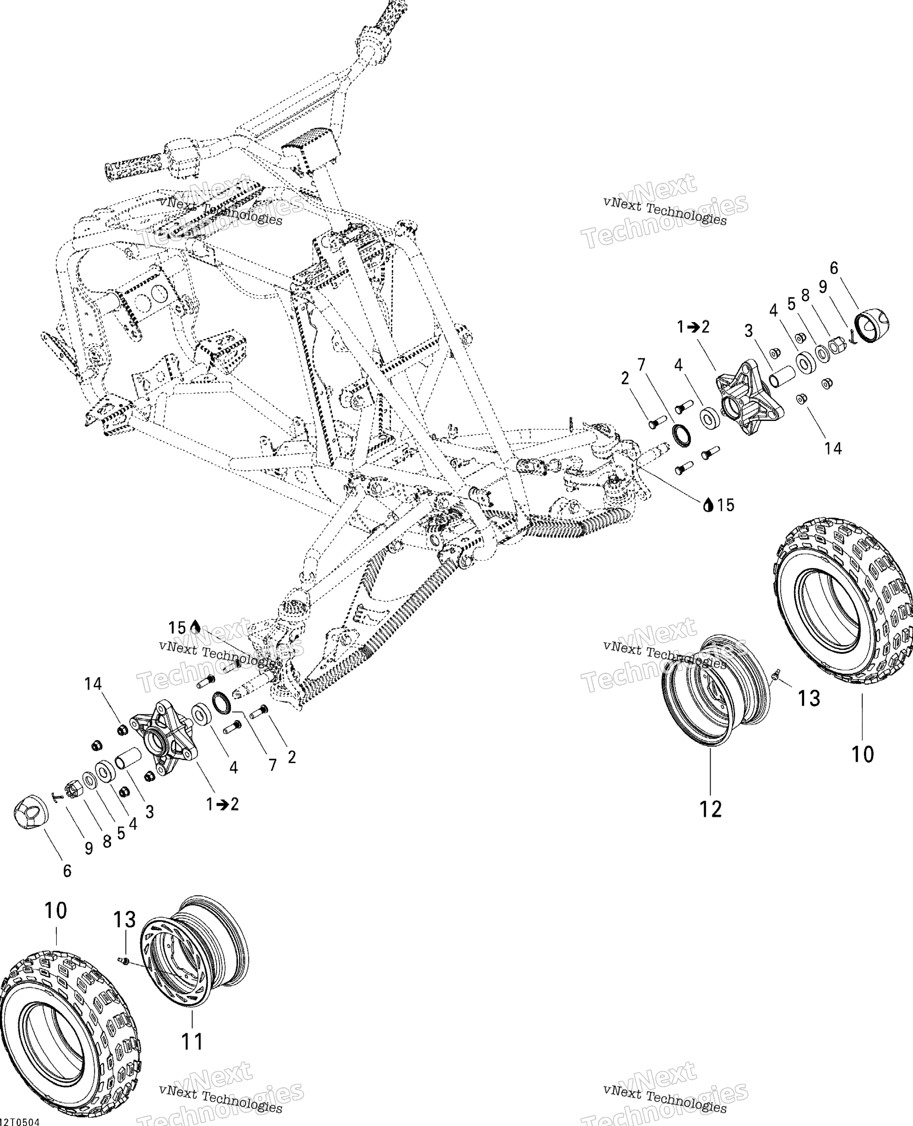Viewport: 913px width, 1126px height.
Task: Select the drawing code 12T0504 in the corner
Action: coord(20,1122)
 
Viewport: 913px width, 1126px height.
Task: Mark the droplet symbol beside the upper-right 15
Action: coord(708,505)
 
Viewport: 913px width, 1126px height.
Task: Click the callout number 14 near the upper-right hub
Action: coord(833,448)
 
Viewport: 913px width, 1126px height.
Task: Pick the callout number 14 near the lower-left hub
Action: coord(93,683)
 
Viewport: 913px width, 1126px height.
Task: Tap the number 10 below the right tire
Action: coord(863,754)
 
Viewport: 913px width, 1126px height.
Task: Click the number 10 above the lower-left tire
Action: coord(56,910)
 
